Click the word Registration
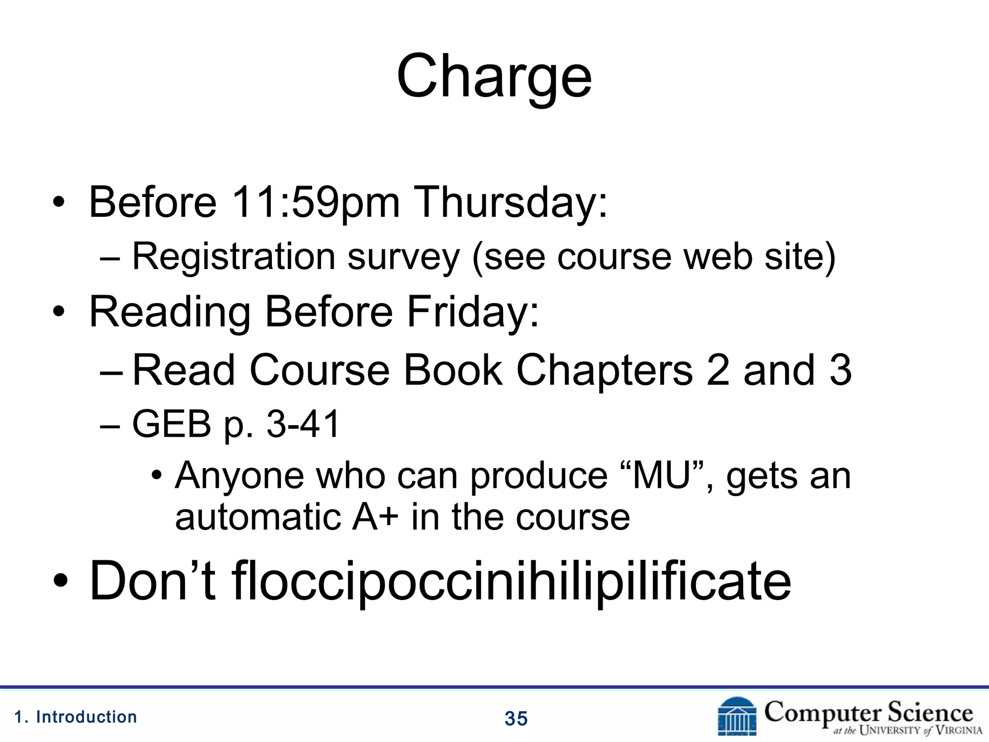click(x=234, y=256)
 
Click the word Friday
click(x=472, y=312)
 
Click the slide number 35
click(x=516, y=719)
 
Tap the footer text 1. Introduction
click(x=76, y=717)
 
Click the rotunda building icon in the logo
click(x=737, y=717)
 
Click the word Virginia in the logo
click(x=959, y=730)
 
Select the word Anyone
click(x=240, y=476)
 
